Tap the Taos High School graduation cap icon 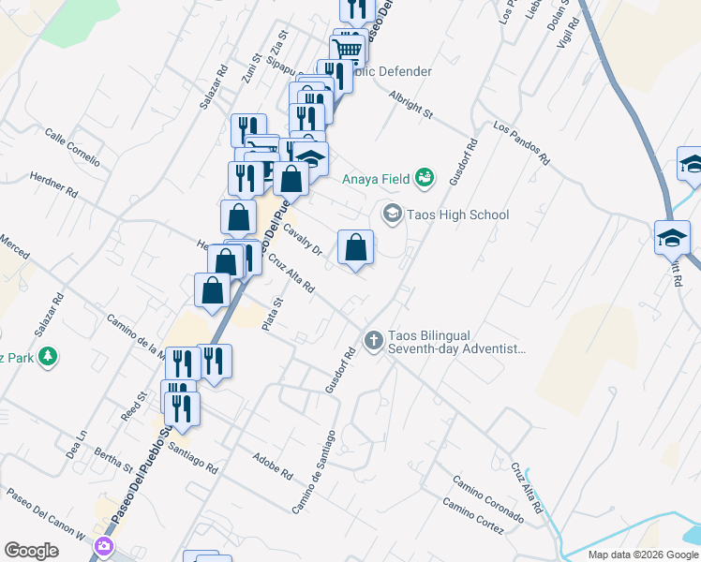tap(392, 214)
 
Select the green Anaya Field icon tap(425, 176)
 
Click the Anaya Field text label tap(377, 178)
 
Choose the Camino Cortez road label tap(473, 517)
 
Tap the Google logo tap(32, 551)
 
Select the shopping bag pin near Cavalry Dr tap(355, 248)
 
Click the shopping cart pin tap(348, 49)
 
